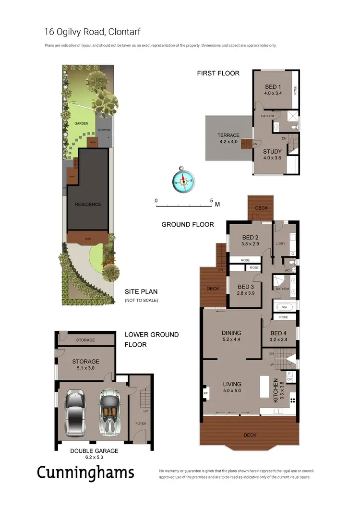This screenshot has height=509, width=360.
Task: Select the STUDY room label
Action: (272, 152)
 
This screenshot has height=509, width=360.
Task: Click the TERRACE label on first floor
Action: (228, 135)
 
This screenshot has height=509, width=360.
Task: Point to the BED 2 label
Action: (251, 237)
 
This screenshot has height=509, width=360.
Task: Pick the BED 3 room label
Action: (246, 287)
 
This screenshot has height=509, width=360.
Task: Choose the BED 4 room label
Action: (279, 333)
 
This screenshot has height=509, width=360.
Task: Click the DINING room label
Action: (231, 333)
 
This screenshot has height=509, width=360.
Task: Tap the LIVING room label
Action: (232, 384)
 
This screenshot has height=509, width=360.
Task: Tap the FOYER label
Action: (141, 424)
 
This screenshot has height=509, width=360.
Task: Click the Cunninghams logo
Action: (85, 473)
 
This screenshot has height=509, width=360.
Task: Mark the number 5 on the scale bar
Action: (211, 200)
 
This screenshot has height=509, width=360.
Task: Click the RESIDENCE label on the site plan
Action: (88, 204)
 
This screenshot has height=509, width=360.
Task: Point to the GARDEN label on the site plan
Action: (81, 123)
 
